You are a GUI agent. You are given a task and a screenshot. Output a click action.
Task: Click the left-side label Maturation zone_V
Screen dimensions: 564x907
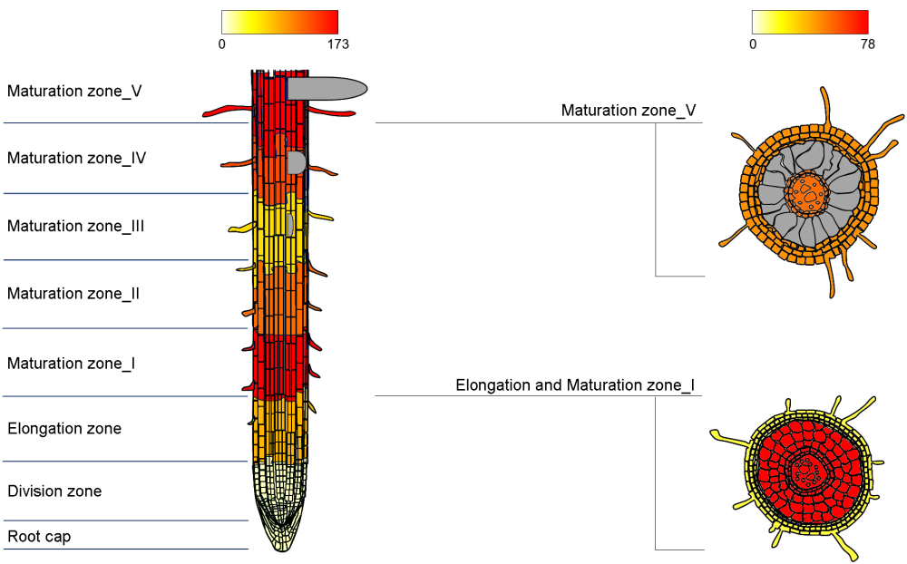[x=74, y=91]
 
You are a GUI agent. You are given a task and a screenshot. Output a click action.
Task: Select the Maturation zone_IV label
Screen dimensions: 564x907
[x=76, y=158]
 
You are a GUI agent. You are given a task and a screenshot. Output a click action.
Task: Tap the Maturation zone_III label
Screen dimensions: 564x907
[x=75, y=226]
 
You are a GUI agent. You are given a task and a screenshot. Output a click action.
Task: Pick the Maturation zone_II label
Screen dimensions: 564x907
[x=73, y=294]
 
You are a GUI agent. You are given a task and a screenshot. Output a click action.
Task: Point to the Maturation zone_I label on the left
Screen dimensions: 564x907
[x=72, y=364]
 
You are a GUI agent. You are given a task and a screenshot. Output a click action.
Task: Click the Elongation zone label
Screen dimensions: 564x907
[x=64, y=428]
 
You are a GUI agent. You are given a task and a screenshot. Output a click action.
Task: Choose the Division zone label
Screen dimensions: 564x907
[x=54, y=491]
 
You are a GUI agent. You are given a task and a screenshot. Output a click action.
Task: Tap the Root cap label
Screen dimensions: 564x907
[x=39, y=537]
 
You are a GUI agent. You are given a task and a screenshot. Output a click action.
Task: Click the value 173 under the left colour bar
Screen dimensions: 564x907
[x=336, y=44]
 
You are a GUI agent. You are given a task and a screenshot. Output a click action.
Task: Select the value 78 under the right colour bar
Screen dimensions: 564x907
[x=867, y=44]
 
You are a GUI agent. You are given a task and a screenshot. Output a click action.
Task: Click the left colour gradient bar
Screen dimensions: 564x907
[x=279, y=22]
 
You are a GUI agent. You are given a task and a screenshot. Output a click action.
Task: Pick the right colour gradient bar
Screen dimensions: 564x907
[x=810, y=22]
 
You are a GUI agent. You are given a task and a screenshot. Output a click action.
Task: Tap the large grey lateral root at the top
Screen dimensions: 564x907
[x=327, y=88]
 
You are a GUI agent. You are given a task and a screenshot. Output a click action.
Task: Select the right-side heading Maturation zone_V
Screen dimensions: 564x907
[x=629, y=111]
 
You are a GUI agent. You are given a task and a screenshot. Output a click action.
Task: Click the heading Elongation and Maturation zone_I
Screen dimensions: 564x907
[x=575, y=385]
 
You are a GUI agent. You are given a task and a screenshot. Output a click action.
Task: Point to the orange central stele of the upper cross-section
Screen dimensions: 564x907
[x=806, y=191]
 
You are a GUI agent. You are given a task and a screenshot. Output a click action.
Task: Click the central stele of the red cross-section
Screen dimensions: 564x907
[x=804, y=472]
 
